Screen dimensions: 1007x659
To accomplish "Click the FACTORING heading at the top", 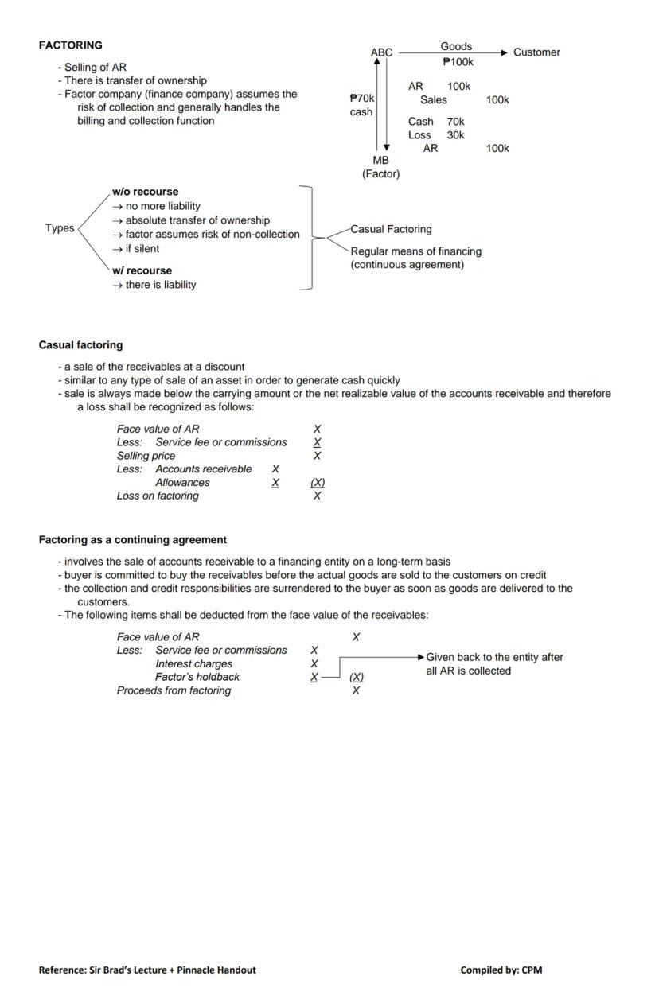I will [x=70, y=45].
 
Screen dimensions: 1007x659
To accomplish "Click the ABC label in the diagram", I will [x=381, y=52].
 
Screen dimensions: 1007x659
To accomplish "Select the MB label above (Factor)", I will [x=380, y=160].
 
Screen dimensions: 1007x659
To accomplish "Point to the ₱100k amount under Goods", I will [x=458, y=61].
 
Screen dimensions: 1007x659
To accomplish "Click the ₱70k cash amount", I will [x=361, y=98].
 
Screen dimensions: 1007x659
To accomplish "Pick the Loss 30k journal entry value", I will [x=455, y=135].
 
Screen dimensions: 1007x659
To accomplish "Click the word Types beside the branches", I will [x=60, y=228].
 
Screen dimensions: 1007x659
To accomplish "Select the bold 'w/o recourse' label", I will [x=145, y=192].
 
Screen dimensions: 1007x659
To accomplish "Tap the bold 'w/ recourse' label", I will [x=142, y=270].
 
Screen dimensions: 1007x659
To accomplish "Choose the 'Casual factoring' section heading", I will [x=80, y=345].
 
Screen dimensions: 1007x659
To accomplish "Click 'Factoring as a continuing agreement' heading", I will [x=132, y=539].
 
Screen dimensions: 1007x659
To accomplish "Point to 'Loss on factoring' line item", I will [x=158, y=496].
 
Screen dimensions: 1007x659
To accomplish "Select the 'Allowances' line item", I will [x=182, y=482].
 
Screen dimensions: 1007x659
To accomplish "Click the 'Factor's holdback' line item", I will [x=197, y=677].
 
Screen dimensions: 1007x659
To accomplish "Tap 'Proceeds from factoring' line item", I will [x=174, y=690].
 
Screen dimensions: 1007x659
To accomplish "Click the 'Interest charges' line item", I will [x=193, y=663].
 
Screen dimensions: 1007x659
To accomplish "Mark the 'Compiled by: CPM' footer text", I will [x=501, y=970].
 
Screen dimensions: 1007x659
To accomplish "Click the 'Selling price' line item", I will [x=146, y=456].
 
